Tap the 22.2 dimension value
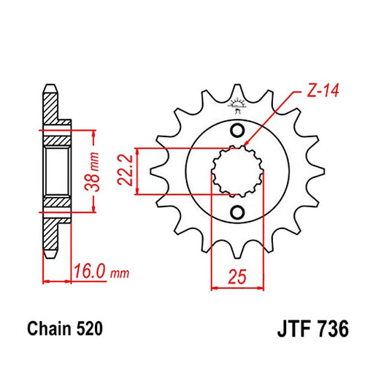tap(128, 171)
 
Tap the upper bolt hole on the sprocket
tap(237, 131)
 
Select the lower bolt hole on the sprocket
tap(237, 212)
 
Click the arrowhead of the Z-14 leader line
tap(246, 145)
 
